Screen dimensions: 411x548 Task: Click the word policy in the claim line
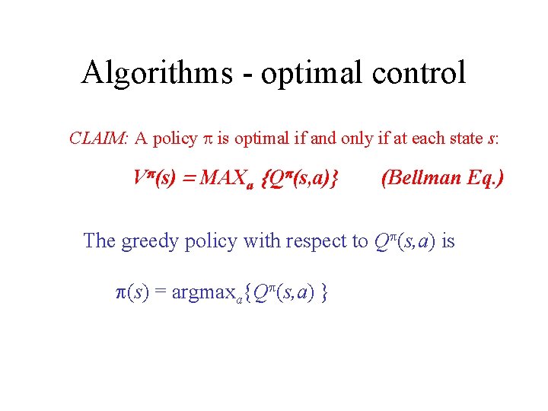pyautogui.click(x=174, y=139)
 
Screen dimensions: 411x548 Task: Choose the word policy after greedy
pyautogui.click(x=209, y=241)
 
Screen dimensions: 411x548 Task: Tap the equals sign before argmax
pyautogui.click(x=161, y=292)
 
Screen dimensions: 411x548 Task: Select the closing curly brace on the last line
pyautogui.click(x=325, y=292)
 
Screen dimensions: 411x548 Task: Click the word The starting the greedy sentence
pyautogui.click(x=99, y=241)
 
